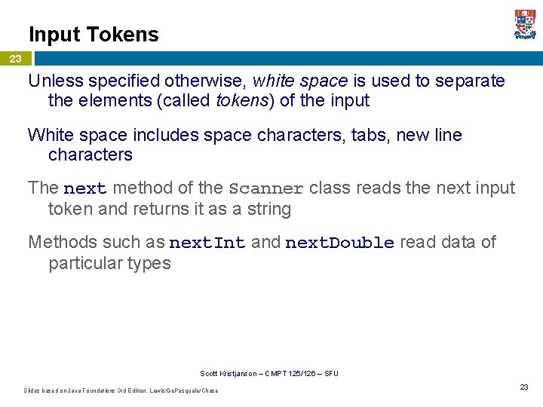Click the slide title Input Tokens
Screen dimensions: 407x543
pyautogui.click(x=94, y=35)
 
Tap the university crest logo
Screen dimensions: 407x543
pyautogui.click(x=525, y=25)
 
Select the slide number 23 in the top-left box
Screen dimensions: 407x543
pyautogui.click(x=16, y=59)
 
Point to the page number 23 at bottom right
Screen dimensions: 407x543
pyautogui.click(x=523, y=387)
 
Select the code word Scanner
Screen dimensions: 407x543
pyautogui.click(x=266, y=188)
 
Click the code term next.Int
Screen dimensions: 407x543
pyautogui.click(x=207, y=243)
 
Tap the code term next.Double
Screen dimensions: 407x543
pyautogui.click(x=339, y=243)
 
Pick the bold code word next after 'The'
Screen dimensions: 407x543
pyautogui.click(x=85, y=188)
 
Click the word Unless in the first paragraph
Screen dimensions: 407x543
pyautogui.click(x=55, y=81)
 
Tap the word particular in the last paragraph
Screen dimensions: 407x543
pyautogui.click(x=85, y=263)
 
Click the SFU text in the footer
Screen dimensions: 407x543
pyautogui.click(x=331, y=374)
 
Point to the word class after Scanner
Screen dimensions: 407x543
pyautogui.click(x=332, y=188)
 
